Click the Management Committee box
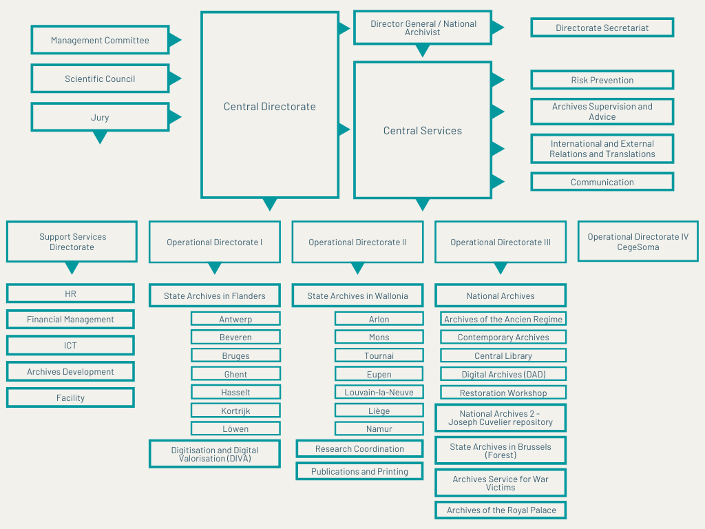point(100,40)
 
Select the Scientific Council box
point(100,79)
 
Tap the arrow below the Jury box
point(100,137)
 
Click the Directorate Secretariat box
point(602,28)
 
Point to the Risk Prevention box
point(602,80)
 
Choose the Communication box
point(602,182)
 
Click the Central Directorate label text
point(270,107)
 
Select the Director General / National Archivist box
point(423,28)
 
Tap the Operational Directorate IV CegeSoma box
point(638,242)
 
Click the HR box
point(71,293)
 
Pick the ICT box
point(71,346)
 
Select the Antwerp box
point(235,319)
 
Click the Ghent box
point(235,374)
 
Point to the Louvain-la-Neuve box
point(379,392)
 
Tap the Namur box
point(379,428)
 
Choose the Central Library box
point(503,355)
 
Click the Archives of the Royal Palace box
point(501,510)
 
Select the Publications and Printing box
point(359,471)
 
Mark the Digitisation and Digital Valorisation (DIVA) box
point(215,454)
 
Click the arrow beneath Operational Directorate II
point(357,269)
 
